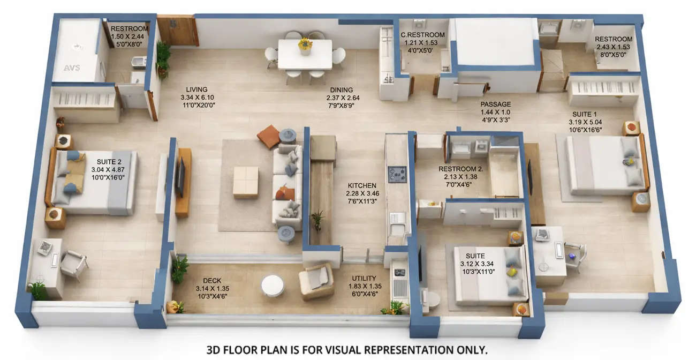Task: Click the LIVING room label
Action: [196, 89]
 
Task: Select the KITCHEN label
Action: [362, 185]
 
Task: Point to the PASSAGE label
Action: [495, 104]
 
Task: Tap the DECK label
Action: [212, 281]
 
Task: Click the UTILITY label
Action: [364, 279]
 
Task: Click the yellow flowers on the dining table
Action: [305, 44]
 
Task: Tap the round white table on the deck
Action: [273, 286]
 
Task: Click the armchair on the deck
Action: [316, 281]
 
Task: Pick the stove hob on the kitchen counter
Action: [397, 174]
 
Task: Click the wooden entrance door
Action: [177, 31]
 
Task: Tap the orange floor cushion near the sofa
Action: [268, 136]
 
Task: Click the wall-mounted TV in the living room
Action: [180, 177]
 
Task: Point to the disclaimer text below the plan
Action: [347, 350]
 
